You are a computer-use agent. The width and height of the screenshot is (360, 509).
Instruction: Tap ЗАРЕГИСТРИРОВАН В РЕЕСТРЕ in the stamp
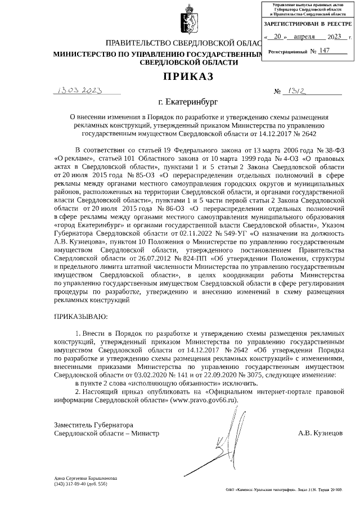tap(308, 24)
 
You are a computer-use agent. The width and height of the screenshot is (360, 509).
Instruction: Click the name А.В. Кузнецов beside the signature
tap(320, 434)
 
